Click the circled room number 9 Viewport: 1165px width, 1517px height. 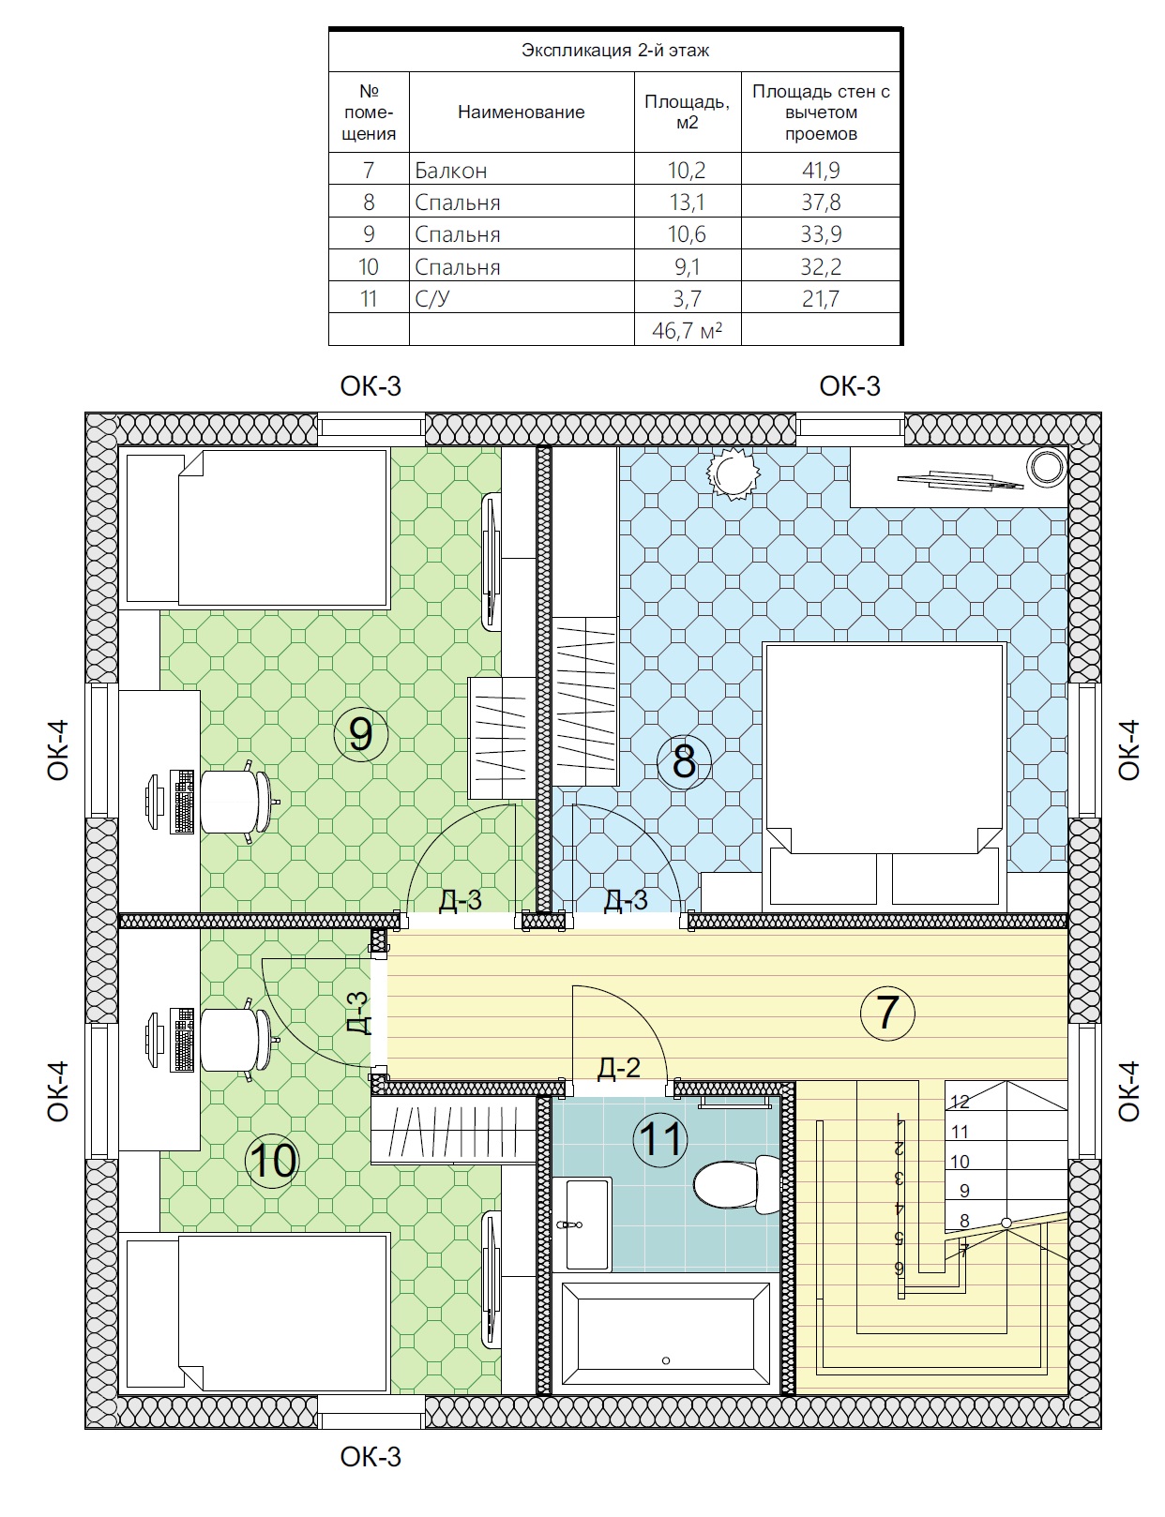[x=360, y=734]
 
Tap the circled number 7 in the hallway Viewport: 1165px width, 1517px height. [x=887, y=1013]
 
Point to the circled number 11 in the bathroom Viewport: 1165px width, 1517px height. [x=660, y=1139]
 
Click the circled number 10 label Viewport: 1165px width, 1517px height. [x=272, y=1161]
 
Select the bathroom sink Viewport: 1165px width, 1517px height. [x=582, y=1224]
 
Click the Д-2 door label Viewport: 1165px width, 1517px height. [x=619, y=1067]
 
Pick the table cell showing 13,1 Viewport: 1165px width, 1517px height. [x=688, y=202]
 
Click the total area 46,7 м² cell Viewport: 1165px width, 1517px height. [x=688, y=329]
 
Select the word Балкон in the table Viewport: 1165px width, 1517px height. [x=450, y=170]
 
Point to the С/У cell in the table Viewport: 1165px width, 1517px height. [x=432, y=299]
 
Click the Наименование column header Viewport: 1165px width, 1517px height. [x=521, y=112]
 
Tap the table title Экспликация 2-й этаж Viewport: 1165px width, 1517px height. [x=615, y=51]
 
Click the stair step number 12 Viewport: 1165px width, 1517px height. [x=960, y=1102]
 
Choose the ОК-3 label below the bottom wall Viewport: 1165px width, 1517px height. [x=371, y=1457]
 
